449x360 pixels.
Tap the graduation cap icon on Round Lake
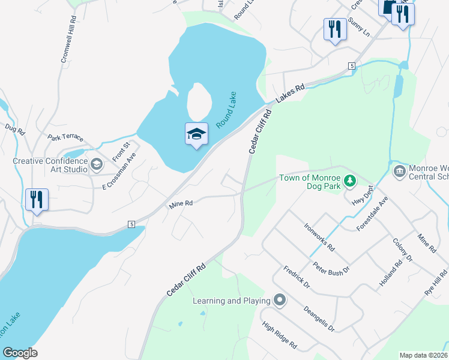click(196, 134)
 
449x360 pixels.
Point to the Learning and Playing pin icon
click(279, 300)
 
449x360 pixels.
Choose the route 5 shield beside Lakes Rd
click(351, 66)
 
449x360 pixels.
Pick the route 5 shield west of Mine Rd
click(130, 224)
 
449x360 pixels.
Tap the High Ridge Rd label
click(280, 335)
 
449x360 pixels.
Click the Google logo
click(20, 353)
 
